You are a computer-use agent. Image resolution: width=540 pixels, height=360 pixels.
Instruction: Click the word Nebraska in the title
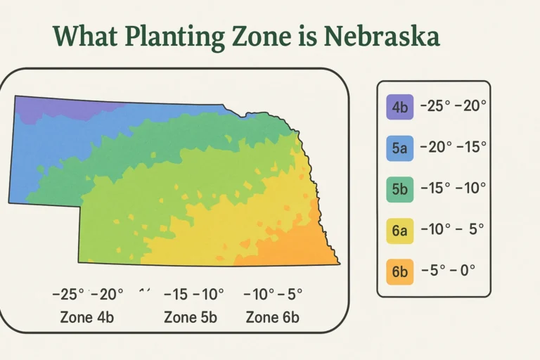coord(382,36)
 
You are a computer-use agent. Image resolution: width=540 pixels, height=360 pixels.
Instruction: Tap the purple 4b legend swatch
coord(400,108)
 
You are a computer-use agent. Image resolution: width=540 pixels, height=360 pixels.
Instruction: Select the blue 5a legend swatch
coord(400,148)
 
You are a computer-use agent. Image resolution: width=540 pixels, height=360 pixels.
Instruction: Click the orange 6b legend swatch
coord(400,270)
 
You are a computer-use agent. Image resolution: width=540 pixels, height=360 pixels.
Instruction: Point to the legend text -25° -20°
coord(453,108)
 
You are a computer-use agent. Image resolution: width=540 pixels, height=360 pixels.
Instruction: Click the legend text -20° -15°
coord(453,148)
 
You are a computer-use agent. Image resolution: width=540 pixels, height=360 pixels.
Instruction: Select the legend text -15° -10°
coord(453,188)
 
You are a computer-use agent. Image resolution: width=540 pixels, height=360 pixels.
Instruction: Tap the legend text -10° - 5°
coord(453,229)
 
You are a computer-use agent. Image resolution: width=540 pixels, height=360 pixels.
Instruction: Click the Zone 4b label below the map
coord(87,317)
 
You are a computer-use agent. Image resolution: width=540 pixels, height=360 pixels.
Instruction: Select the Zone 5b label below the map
coord(190,317)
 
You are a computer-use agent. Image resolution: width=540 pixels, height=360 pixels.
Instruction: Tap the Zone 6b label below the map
coord(272,317)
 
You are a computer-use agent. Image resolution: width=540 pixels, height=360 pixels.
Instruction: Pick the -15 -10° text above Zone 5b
coord(193,294)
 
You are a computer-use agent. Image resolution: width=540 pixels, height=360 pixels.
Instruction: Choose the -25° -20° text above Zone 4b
coord(88,294)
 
